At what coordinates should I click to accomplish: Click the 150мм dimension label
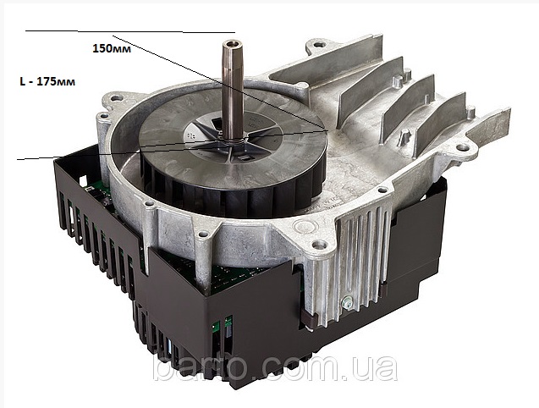click(x=112, y=48)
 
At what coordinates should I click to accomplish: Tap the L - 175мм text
click(x=47, y=82)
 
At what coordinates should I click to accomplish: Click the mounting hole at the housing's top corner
click(x=320, y=44)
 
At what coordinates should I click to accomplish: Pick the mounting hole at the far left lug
click(x=116, y=98)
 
